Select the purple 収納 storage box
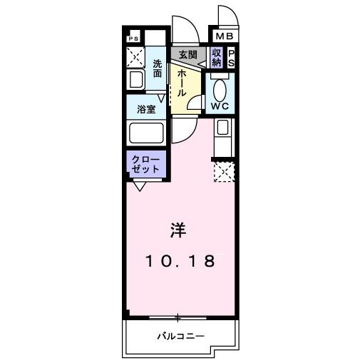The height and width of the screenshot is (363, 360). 217,56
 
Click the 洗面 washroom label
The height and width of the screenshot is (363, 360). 158,68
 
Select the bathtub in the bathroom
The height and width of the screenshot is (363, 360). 146,133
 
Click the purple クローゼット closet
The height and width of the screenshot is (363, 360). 146,165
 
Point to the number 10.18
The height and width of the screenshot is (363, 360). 180,261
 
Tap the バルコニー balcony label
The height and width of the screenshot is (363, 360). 180,337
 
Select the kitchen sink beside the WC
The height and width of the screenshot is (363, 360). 222,130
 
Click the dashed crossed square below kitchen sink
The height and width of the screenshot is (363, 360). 223,170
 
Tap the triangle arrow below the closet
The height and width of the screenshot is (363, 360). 139,186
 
